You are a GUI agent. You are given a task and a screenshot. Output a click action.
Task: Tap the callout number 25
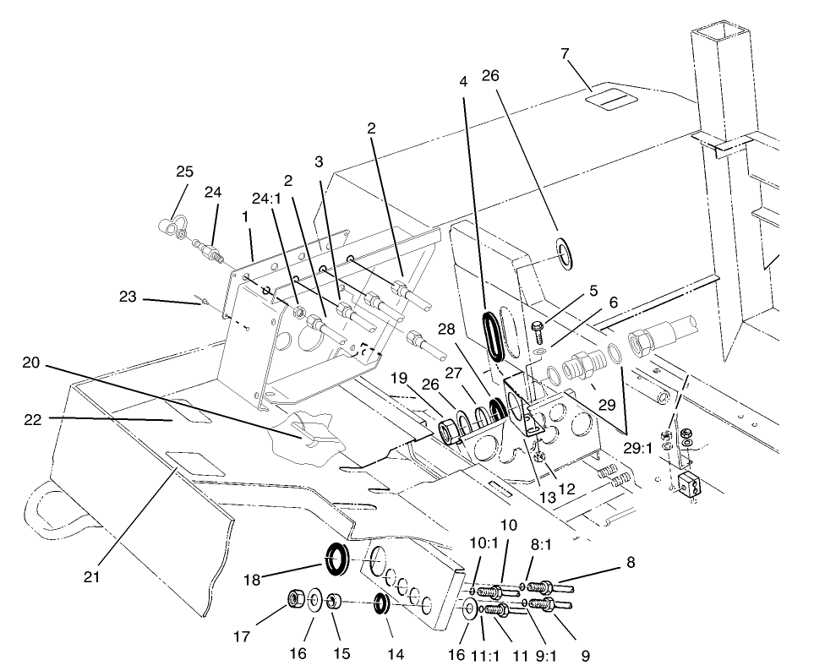pyautogui.click(x=184, y=172)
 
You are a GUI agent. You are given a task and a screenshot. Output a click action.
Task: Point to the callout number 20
pyautogui.click(x=30, y=363)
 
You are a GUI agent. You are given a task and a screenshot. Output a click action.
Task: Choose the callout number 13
pyautogui.click(x=548, y=498)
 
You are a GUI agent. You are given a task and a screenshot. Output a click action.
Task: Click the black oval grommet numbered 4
pyautogui.click(x=492, y=336)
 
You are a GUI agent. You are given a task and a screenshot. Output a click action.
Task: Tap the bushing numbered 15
pyautogui.click(x=334, y=602)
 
